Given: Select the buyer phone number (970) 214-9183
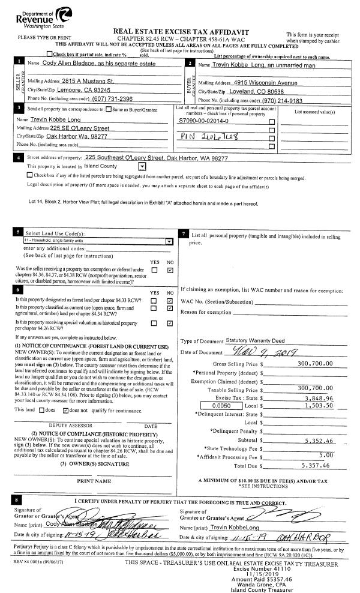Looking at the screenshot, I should click(x=287, y=100).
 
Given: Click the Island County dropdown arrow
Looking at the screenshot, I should click(x=142, y=166).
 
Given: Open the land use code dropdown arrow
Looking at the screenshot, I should click(x=169, y=241).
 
